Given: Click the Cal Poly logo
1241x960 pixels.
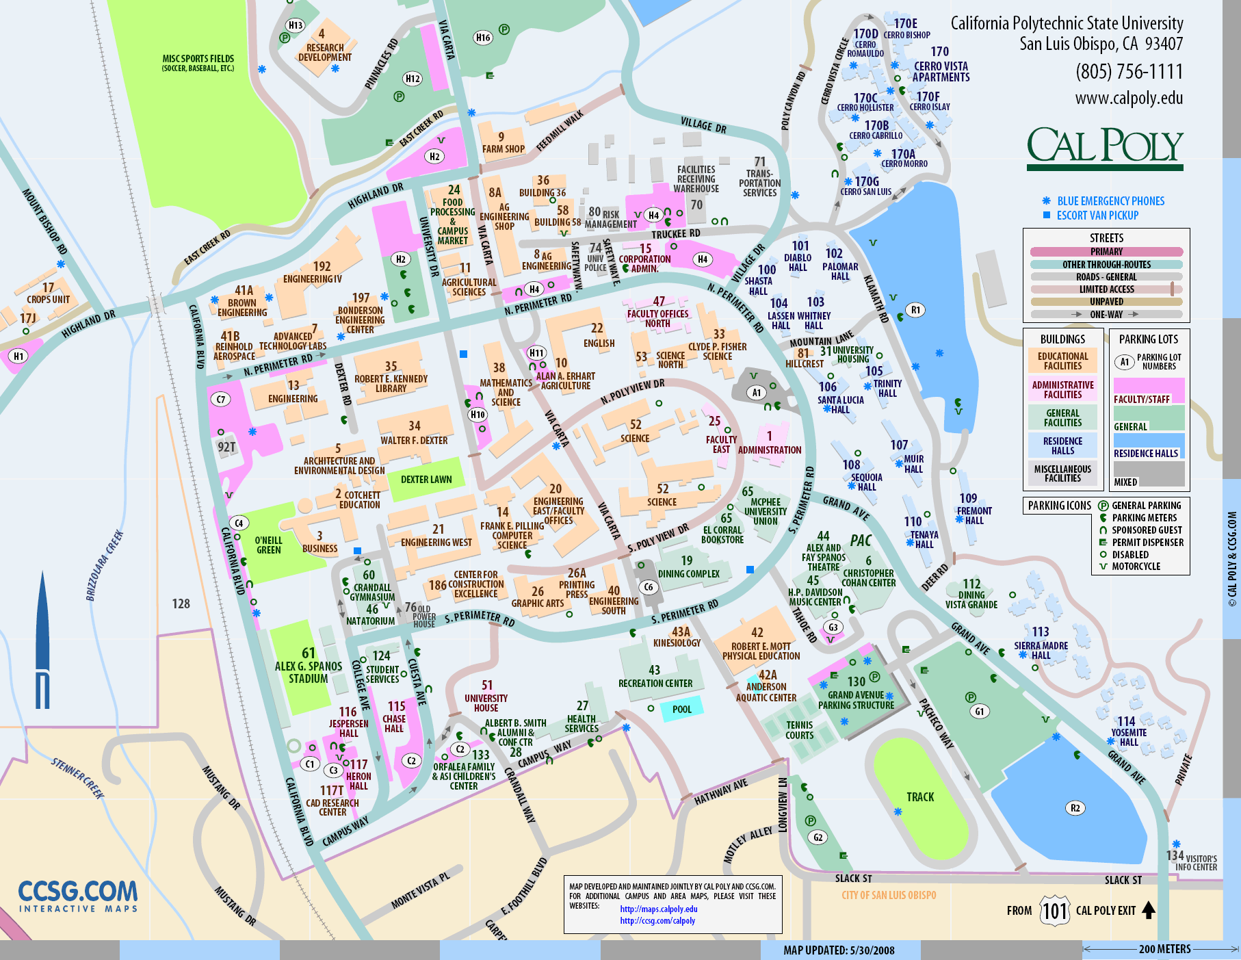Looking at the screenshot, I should point(1104,147).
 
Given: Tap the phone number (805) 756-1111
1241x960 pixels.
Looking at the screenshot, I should point(1129,72).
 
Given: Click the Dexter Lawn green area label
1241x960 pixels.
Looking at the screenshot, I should point(426,480).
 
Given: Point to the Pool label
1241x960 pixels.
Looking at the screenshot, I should point(681,710).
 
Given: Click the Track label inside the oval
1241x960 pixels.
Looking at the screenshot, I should point(919,797).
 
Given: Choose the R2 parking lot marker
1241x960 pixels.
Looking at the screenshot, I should point(1075,808).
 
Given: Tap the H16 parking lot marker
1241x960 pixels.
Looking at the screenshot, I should point(483,38).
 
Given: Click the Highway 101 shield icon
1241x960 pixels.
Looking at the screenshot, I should point(1054,911).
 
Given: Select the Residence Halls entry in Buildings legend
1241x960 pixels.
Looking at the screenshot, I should point(1062,446).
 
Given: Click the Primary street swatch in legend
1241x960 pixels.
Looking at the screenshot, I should point(1106,252).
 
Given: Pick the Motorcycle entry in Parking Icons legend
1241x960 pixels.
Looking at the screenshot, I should point(1136,567).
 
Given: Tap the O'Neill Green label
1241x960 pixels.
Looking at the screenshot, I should point(268,545).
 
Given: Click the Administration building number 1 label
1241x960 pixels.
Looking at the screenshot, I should point(769,443).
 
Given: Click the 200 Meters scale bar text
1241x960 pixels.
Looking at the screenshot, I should point(1164,949).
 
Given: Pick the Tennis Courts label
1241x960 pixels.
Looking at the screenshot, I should point(799,730).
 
